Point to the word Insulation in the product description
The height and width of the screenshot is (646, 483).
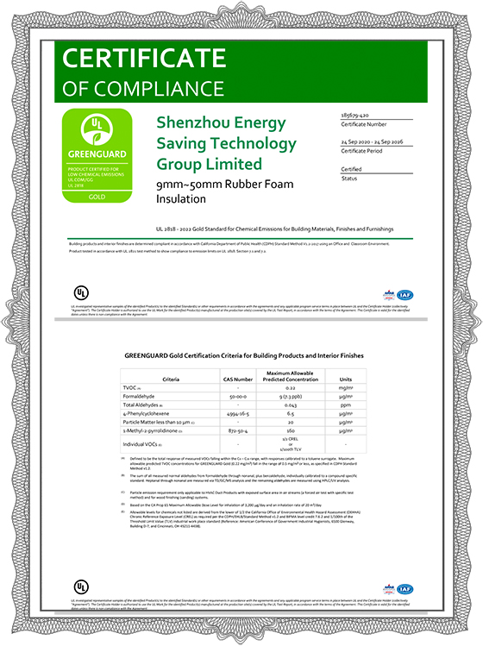tap(181, 198)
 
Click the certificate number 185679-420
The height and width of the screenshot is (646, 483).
tap(356, 115)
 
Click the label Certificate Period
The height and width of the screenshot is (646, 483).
tap(363, 150)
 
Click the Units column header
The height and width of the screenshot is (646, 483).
tap(346, 379)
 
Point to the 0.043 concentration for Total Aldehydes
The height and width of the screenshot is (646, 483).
tap(292, 405)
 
